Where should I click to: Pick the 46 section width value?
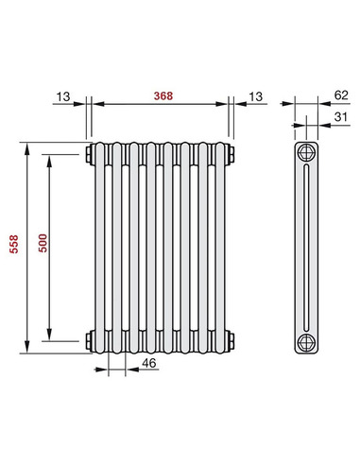pyautogui.click(x=147, y=363)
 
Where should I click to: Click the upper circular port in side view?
pyautogui.click(x=306, y=153)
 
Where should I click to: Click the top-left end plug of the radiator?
pyautogui.click(x=88, y=153)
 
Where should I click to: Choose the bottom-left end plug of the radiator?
pyautogui.click(x=88, y=339)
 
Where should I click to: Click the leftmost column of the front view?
pyautogui.click(x=98, y=246)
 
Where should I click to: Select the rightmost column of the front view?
pyautogui.click(x=223, y=246)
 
